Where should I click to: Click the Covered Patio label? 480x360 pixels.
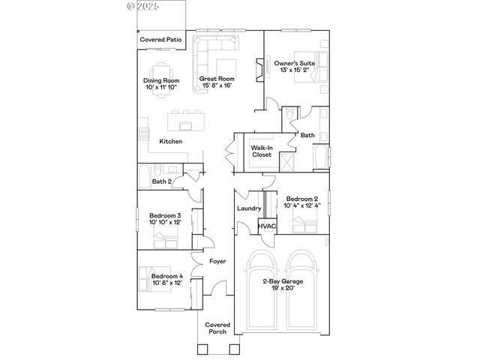161,39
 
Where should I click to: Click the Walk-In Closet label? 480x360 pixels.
262,151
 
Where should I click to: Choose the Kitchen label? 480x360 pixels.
171,141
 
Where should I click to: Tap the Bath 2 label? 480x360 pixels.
162,181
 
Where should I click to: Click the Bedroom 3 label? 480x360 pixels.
163,217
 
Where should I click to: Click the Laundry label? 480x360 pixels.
248,208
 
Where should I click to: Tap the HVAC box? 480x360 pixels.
268,226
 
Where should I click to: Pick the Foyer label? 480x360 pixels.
217,262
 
